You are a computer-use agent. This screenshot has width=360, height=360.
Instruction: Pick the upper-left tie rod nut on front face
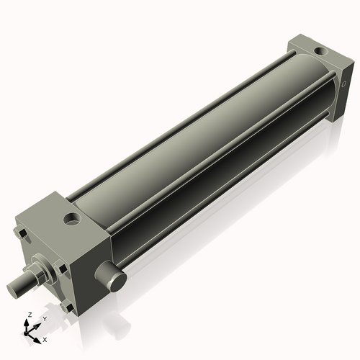(21, 233)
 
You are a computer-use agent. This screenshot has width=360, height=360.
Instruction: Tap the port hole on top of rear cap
(318, 52)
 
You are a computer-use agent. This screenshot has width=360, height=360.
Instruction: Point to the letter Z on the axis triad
(28, 315)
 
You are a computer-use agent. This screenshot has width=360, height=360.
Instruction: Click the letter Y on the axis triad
(44, 318)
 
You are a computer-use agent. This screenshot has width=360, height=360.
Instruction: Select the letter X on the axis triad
(45, 338)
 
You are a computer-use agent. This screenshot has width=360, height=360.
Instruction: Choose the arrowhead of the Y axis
(37, 323)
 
